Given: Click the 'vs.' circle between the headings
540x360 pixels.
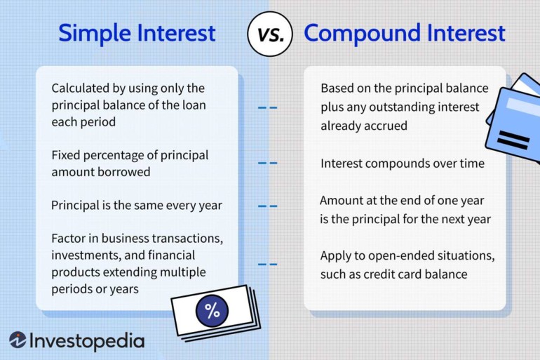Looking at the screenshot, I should (270, 34).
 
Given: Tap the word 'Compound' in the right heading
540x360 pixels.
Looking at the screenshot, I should (358, 33).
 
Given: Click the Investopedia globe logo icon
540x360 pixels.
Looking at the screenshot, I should (18, 340).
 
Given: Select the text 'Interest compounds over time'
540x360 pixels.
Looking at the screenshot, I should (402, 164).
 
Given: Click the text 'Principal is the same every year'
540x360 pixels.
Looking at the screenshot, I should (136, 206).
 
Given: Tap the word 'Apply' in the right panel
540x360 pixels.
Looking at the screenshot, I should (337, 255).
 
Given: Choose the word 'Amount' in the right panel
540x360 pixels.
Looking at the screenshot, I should (342, 200).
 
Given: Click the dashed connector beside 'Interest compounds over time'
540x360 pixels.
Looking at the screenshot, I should (267, 164).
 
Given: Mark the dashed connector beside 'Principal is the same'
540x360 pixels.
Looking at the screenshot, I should (267, 206).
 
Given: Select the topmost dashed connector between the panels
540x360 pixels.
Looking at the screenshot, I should (267, 108).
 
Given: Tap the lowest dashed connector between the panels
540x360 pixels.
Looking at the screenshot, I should (267, 265).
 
